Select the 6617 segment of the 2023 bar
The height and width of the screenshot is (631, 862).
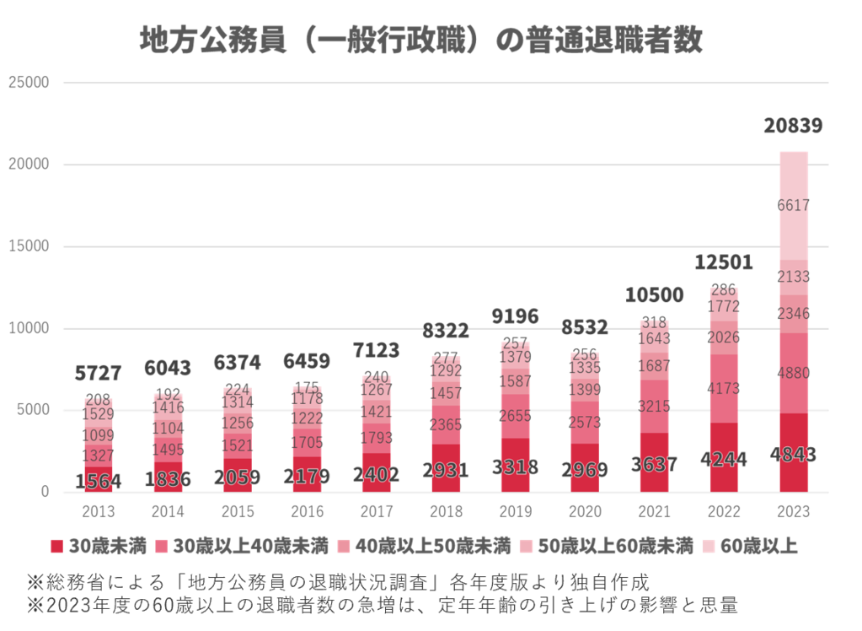[793, 205]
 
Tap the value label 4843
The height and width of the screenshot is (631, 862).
[793, 455]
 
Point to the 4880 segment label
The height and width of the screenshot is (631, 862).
[793, 373]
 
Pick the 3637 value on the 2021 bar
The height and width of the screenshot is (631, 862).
[654, 464]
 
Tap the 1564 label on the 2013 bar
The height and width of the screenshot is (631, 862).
[99, 482]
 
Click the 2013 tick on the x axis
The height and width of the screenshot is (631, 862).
[99, 511]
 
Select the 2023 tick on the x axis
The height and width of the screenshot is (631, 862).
[793, 511]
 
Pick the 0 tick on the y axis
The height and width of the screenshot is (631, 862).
[45, 492]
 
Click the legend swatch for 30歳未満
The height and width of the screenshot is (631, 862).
[56, 546]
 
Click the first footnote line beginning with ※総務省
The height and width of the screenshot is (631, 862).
[337, 582]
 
